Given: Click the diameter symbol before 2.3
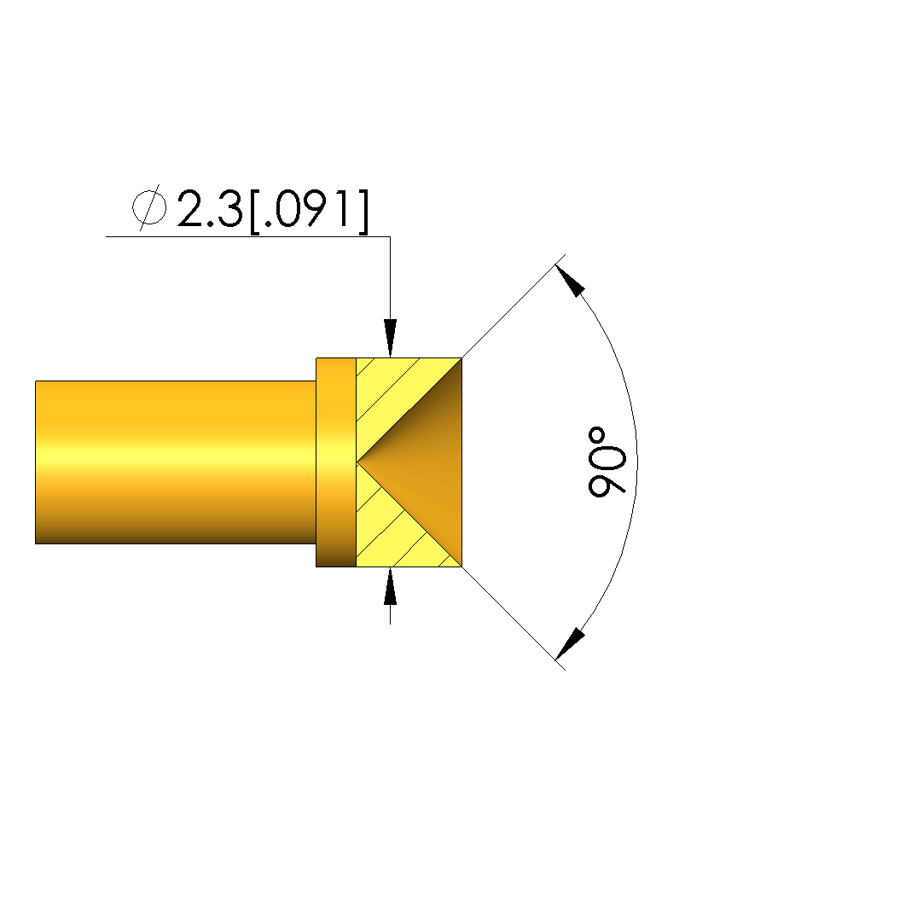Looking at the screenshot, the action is click(149, 207).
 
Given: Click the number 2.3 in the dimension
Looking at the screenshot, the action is click(210, 209).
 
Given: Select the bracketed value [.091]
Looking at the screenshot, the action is click(310, 211).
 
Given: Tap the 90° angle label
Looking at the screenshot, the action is click(607, 462).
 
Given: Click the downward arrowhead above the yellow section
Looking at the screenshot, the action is click(390, 338).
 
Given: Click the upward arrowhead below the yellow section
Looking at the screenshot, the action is click(390, 586).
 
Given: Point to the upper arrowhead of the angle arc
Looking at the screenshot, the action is click(570, 281).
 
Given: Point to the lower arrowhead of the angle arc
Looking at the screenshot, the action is click(570, 643).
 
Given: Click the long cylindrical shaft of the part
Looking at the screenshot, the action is click(176, 462).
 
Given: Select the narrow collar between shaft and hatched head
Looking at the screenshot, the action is click(336, 462).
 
